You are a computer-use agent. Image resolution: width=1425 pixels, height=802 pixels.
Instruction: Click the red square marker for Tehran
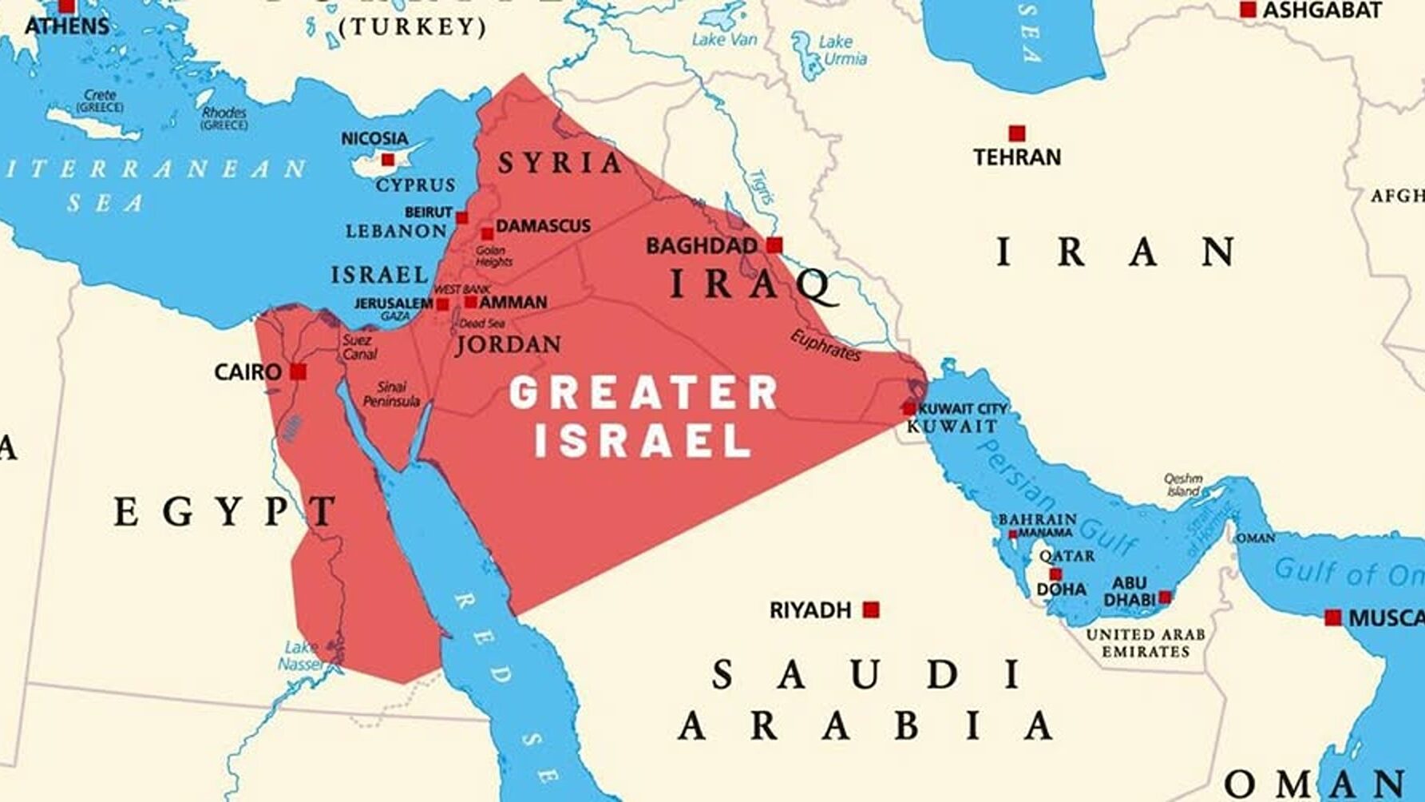tap(1016, 133)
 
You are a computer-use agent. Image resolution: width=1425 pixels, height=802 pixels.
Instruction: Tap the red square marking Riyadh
tap(871, 610)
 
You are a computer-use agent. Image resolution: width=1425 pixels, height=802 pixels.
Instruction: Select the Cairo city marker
tap(299, 371)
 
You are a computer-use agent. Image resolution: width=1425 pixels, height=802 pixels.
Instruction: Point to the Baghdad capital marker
tap(774, 244)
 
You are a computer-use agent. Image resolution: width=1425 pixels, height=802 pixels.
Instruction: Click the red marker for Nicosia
tap(388, 159)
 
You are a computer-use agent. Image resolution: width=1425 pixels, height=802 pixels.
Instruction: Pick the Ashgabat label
tap(1321, 10)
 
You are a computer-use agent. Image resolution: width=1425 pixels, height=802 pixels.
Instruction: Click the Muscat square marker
tap(1332, 617)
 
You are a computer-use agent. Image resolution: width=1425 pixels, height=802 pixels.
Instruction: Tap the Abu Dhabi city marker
tap(1165, 597)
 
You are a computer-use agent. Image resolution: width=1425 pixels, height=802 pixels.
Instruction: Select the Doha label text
tap(1061, 590)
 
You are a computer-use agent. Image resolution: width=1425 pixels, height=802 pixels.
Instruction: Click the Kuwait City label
tap(963, 408)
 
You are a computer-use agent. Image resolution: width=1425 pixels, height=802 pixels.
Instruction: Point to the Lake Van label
tap(724, 38)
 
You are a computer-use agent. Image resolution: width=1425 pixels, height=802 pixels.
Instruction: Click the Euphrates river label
tap(825, 345)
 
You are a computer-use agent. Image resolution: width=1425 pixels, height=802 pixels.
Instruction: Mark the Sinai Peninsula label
tap(391, 394)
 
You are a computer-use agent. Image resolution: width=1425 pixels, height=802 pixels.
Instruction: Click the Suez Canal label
tap(358, 347)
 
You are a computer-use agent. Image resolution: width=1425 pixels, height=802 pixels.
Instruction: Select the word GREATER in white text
tap(643, 393)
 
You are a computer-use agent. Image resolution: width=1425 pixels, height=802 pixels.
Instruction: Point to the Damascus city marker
tap(487, 234)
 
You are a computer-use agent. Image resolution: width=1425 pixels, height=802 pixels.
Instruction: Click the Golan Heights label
tap(493, 256)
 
